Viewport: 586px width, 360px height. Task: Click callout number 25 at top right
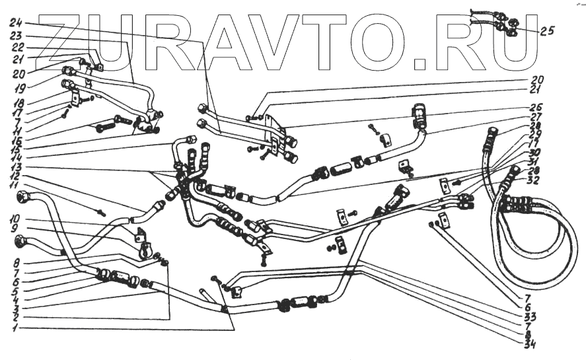547,30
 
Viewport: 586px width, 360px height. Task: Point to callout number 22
17,48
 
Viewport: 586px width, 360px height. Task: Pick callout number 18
17,104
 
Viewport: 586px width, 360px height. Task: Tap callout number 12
17,177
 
